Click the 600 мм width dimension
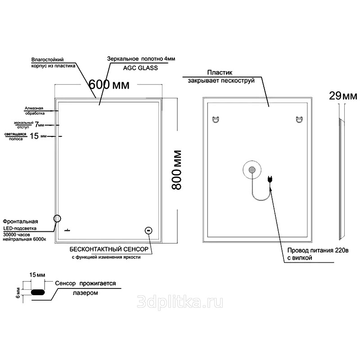pos(109,85)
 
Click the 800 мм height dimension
pos(176,170)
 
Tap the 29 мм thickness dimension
pos(343,96)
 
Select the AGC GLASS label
pos(140,68)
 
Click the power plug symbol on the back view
pos(270,180)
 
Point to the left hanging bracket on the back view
pos(216,120)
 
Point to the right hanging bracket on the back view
pos(299,120)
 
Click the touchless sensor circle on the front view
pos(148,230)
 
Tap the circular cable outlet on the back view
pos(252,170)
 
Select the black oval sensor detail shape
pos(38,292)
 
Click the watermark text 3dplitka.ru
pos(180,302)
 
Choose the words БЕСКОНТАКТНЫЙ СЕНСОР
pos(109,249)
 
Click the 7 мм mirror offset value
pos(39,125)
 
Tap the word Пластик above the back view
pos(220,72)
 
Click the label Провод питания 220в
pos(318,250)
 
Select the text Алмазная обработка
pos(34,111)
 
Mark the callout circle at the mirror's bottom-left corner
pos(57,218)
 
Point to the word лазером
pos(85,293)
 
